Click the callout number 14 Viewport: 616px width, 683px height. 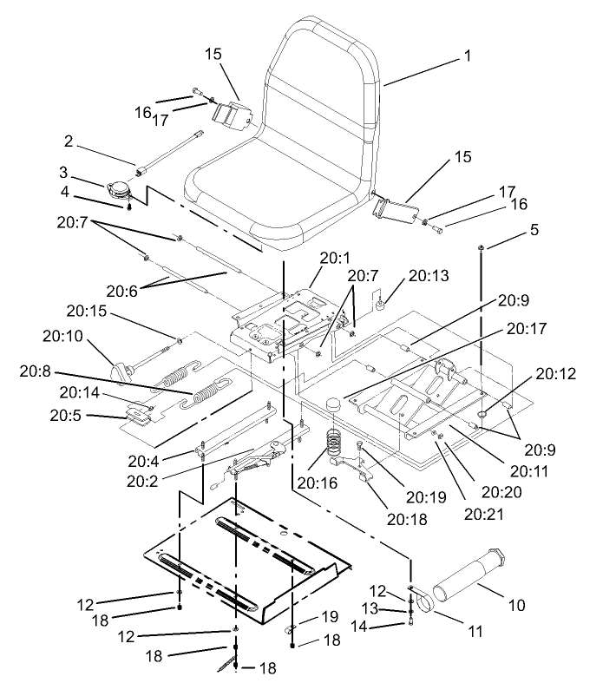pos(364,626)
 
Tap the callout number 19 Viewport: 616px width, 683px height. pos(329,616)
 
